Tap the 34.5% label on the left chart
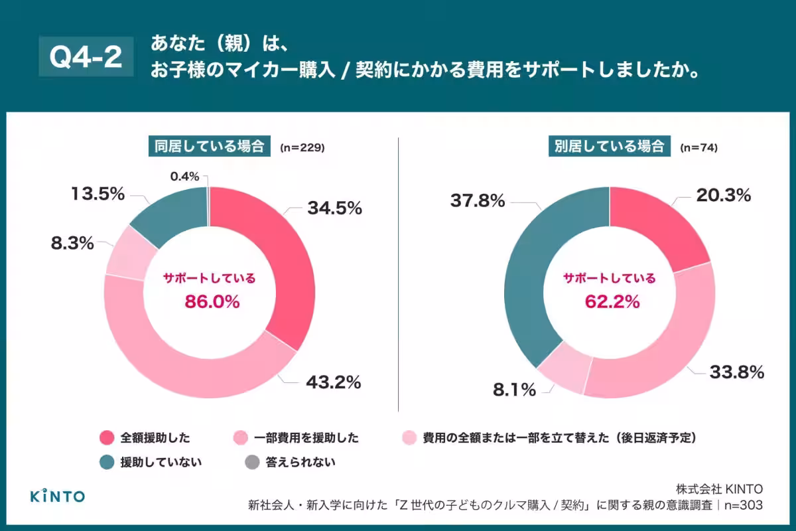tap(334, 208)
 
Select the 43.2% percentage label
tap(333, 382)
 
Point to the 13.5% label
tap(98, 194)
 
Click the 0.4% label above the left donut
tap(184, 177)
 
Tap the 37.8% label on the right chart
tap(478, 200)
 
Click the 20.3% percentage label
tap(723, 195)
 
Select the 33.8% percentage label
tap(736, 372)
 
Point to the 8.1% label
tap(514, 390)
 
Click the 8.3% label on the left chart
tap(72, 244)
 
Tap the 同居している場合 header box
tap(209, 147)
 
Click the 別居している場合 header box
tap(610, 147)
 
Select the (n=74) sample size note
tap(698, 147)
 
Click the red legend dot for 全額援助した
tap(107, 437)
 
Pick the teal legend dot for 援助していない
tap(107, 461)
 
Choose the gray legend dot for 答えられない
tap(252, 461)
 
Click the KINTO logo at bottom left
tap(58, 496)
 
